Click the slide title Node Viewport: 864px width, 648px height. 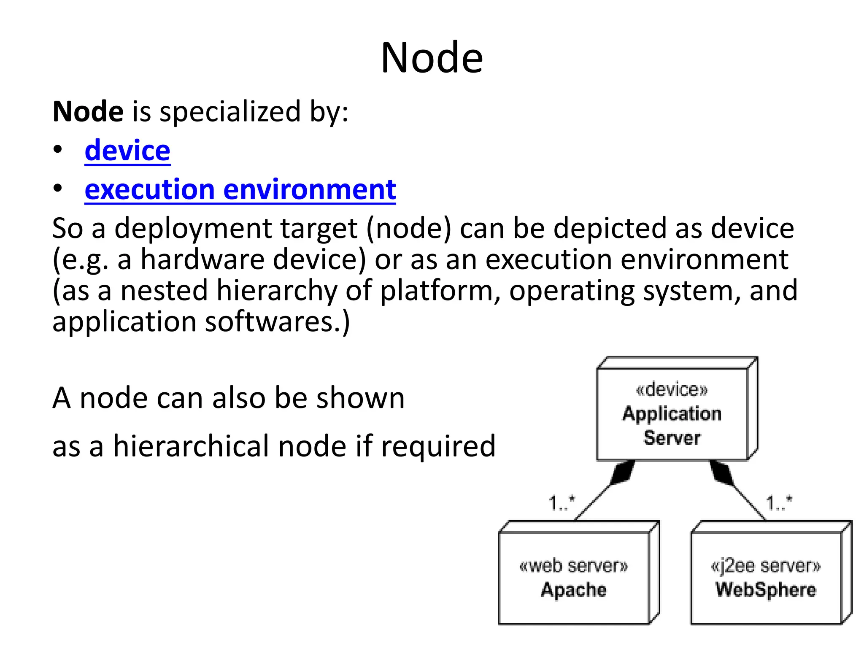point(432,58)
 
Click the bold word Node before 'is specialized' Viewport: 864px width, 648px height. point(88,112)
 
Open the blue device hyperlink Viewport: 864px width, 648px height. point(127,151)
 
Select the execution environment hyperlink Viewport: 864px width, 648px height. point(240,189)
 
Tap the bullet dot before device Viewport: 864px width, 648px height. point(58,149)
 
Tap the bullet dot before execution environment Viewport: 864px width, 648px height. point(58,189)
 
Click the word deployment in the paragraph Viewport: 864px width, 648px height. point(193,229)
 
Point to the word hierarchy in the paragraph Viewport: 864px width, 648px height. point(277,291)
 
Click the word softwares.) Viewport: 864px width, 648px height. point(277,322)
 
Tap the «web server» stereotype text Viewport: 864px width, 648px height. point(573,565)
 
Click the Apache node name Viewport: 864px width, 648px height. point(573,589)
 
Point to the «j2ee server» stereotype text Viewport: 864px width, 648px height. point(765,565)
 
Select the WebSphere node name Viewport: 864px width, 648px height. point(765,589)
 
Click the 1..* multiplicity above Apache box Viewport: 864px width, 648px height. point(562,503)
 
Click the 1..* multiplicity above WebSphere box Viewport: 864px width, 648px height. point(779,503)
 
